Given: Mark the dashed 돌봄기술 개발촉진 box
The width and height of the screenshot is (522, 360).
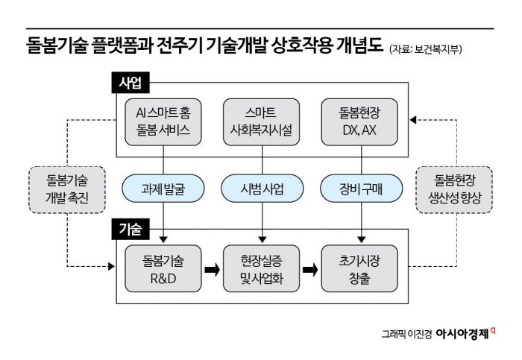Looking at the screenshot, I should [66, 188].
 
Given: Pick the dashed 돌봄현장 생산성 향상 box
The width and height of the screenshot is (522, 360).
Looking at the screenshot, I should [456, 188].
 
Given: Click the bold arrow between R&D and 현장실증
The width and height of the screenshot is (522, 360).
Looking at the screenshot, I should [213, 267].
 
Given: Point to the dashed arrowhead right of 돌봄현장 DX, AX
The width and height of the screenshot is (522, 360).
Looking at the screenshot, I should [415, 119].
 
